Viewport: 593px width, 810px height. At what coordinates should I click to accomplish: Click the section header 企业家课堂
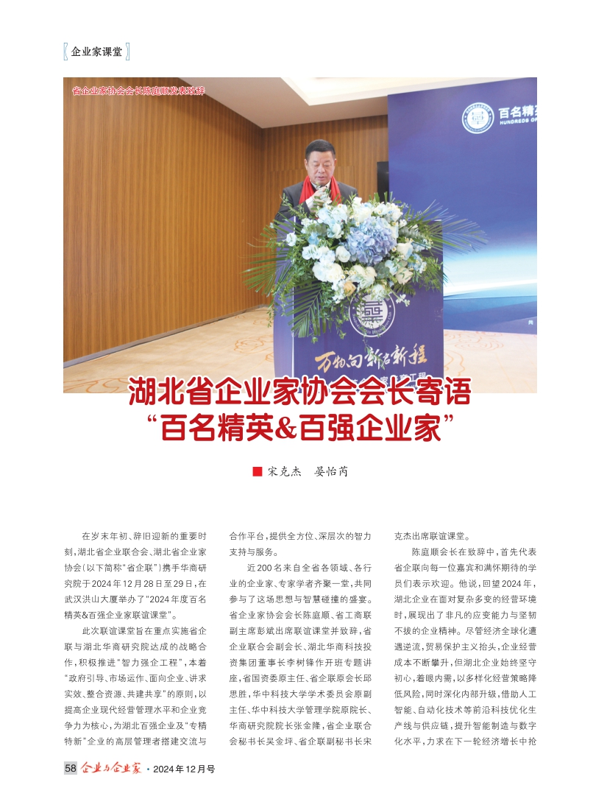(x=96, y=52)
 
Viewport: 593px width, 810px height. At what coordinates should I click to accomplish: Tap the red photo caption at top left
(x=138, y=91)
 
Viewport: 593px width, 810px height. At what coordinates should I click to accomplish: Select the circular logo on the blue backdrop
(x=477, y=117)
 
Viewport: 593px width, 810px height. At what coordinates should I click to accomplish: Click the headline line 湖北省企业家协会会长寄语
(x=299, y=392)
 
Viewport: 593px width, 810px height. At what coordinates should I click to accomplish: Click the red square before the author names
(x=257, y=471)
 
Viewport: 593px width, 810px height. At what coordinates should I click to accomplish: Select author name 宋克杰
(x=284, y=471)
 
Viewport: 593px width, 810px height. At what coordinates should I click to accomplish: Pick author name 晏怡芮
(x=331, y=471)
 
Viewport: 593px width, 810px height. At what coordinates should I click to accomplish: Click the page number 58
(x=71, y=768)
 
